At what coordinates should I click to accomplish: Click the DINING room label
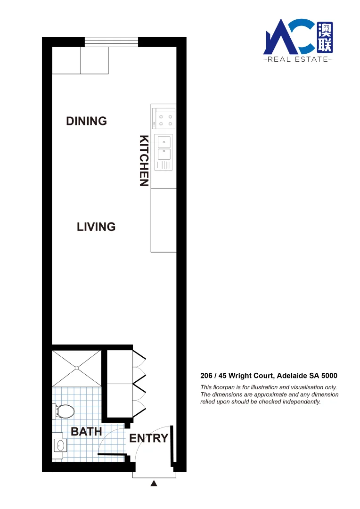point(86,121)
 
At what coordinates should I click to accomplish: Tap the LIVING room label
point(96,227)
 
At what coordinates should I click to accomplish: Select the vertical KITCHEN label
point(144,161)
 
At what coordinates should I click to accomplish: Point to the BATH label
point(86,431)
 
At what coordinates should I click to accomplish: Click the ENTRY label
point(148,438)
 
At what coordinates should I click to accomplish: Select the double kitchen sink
point(164,148)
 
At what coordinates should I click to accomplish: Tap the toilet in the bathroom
point(64,411)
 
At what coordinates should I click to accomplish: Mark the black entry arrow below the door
point(154,484)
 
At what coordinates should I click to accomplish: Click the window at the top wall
point(112,42)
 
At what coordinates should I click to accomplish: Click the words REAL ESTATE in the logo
point(297,59)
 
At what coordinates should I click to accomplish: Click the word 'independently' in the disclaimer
point(301,402)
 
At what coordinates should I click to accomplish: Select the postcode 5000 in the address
point(329,376)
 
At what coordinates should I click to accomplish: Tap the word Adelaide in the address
point(292,376)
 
